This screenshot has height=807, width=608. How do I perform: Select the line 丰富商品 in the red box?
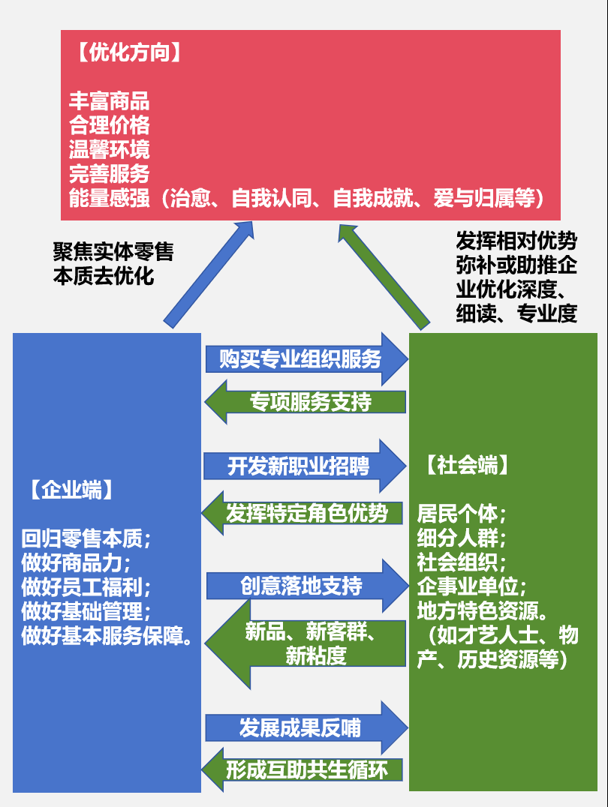pos(109,101)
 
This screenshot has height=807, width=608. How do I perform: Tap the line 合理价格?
pos(109,124)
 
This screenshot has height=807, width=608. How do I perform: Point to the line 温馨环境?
pos(109,148)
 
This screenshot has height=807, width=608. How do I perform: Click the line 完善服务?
pos(109,173)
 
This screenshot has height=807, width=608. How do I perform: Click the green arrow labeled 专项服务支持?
pos(308,402)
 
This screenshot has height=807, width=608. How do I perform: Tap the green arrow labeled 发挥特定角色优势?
pos(305,513)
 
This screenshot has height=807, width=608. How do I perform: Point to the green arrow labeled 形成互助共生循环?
pos(305,769)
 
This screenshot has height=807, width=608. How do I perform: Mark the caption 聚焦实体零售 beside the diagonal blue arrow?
pos(113,252)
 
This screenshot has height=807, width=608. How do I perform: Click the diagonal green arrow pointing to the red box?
pos(383,274)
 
